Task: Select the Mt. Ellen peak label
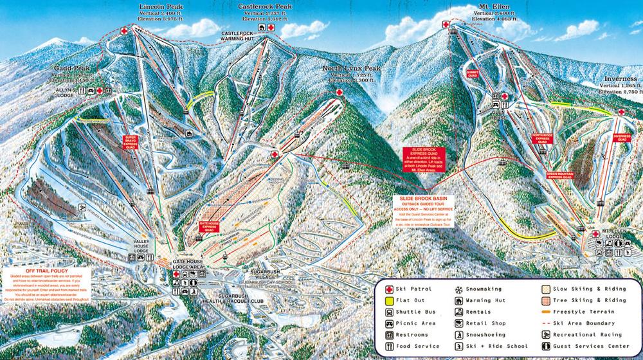coord(493,7)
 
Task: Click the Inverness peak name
coord(620,78)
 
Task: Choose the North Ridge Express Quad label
coord(542,138)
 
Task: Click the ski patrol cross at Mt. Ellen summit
coord(446,24)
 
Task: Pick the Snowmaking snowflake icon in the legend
coord(459,289)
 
